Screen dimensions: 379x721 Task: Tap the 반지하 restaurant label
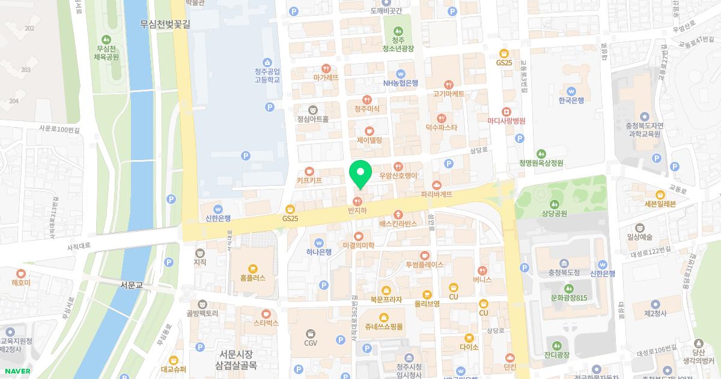click(x=357, y=211)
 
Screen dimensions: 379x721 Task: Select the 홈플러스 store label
click(x=252, y=279)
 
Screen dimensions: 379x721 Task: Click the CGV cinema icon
click(x=311, y=333)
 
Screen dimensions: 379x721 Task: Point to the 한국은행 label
click(x=571, y=100)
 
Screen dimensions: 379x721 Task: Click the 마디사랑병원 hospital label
click(x=507, y=120)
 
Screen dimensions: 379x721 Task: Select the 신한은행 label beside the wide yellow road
click(x=218, y=218)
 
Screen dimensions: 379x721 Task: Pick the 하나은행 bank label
click(x=318, y=252)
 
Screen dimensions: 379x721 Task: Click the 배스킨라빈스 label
click(x=398, y=223)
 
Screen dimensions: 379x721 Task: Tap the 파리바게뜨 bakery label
click(x=437, y=194)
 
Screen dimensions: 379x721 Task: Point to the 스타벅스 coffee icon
click(x=266, y=314)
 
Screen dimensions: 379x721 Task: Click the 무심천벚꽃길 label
click(x=165, y=25)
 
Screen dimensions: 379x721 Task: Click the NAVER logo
click(x=17, y=371)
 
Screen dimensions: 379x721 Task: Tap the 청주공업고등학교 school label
click(x=267, y=75)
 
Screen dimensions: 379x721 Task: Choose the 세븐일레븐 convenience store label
click(x=660, y=203)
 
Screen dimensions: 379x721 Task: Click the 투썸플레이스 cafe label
click(x=424, y=264)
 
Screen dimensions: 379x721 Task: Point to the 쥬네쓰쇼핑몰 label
click(x=383, y=327)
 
